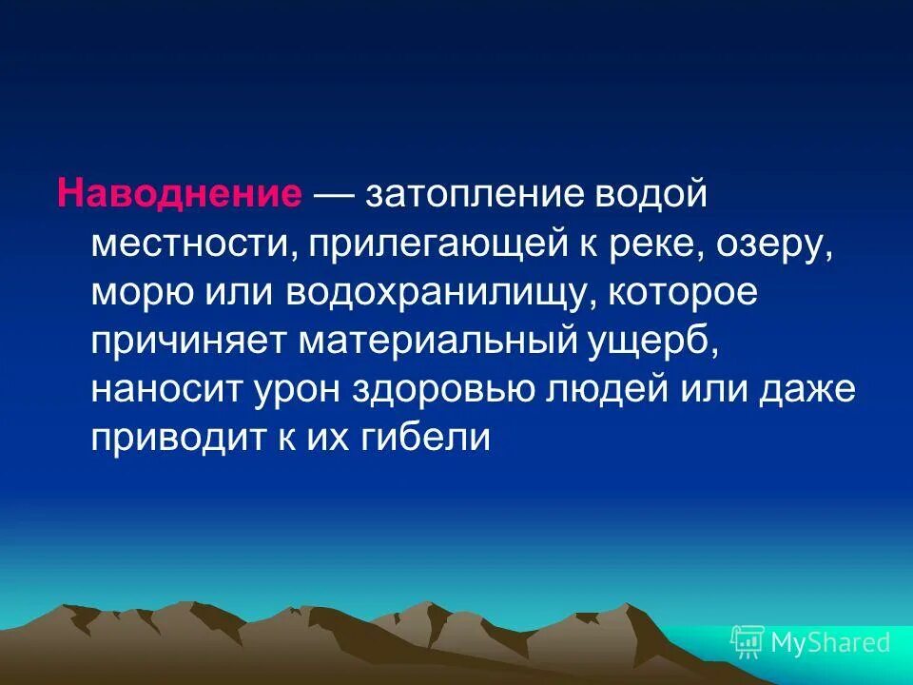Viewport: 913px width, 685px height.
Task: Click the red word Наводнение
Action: pyautogui.click(x=179, y=193)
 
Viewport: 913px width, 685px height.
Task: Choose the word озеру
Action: pyautogui.click(x=769, y=245)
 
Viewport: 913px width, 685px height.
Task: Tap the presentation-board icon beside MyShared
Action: pyautogui.click(x=748, y=642)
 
